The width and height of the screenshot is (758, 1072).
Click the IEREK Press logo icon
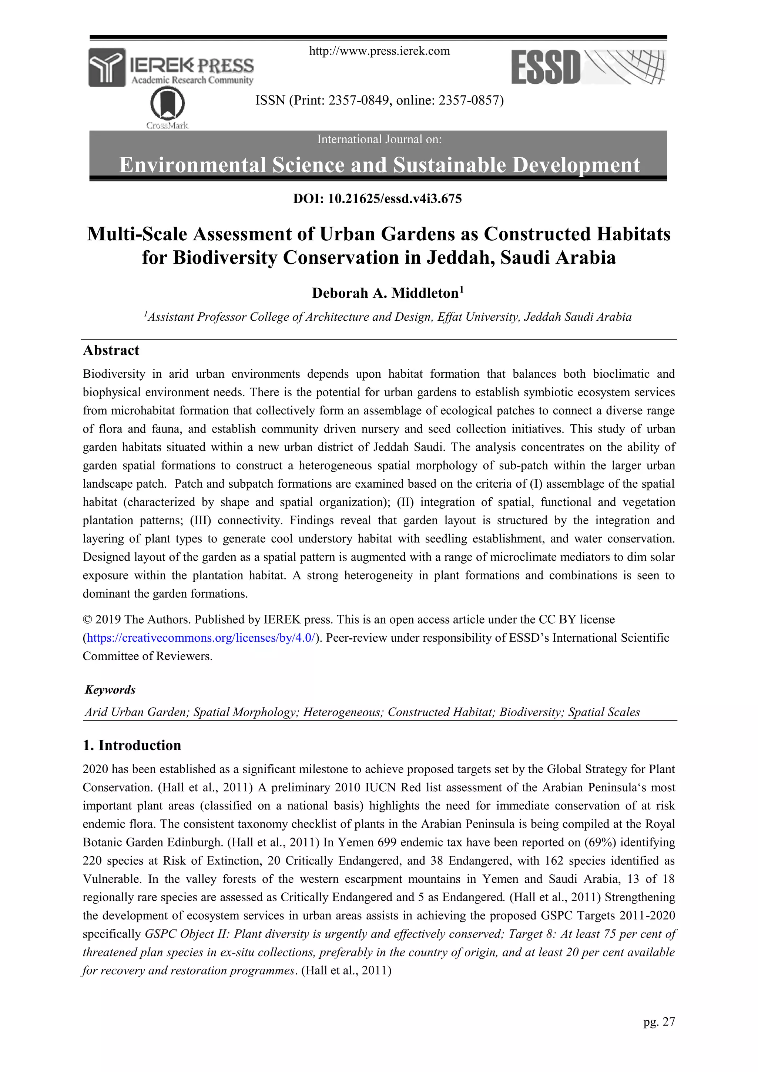click(107, 67)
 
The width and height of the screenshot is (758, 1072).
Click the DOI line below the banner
click(378, 198)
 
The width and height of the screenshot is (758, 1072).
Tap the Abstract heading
click(111, 350)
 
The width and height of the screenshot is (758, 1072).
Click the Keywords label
click(110, 689)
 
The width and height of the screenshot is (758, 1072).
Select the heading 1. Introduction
click(132, 745)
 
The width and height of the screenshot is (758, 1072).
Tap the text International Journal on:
click(379, 139)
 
